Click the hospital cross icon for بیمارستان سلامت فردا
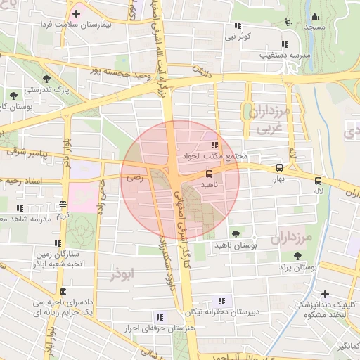pos(76,13)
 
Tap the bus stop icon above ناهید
pos(209,173)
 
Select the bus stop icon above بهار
pos(280,168)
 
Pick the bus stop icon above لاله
pos(319,180)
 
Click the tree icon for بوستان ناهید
pos(234,233)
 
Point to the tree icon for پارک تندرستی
pos(46,79)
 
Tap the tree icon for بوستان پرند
pos(305,257)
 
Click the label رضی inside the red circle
pos(134,179)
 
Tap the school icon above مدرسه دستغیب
pos(285,43)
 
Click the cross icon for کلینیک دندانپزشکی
pos(324,294)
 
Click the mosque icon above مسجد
pos(314,17)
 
